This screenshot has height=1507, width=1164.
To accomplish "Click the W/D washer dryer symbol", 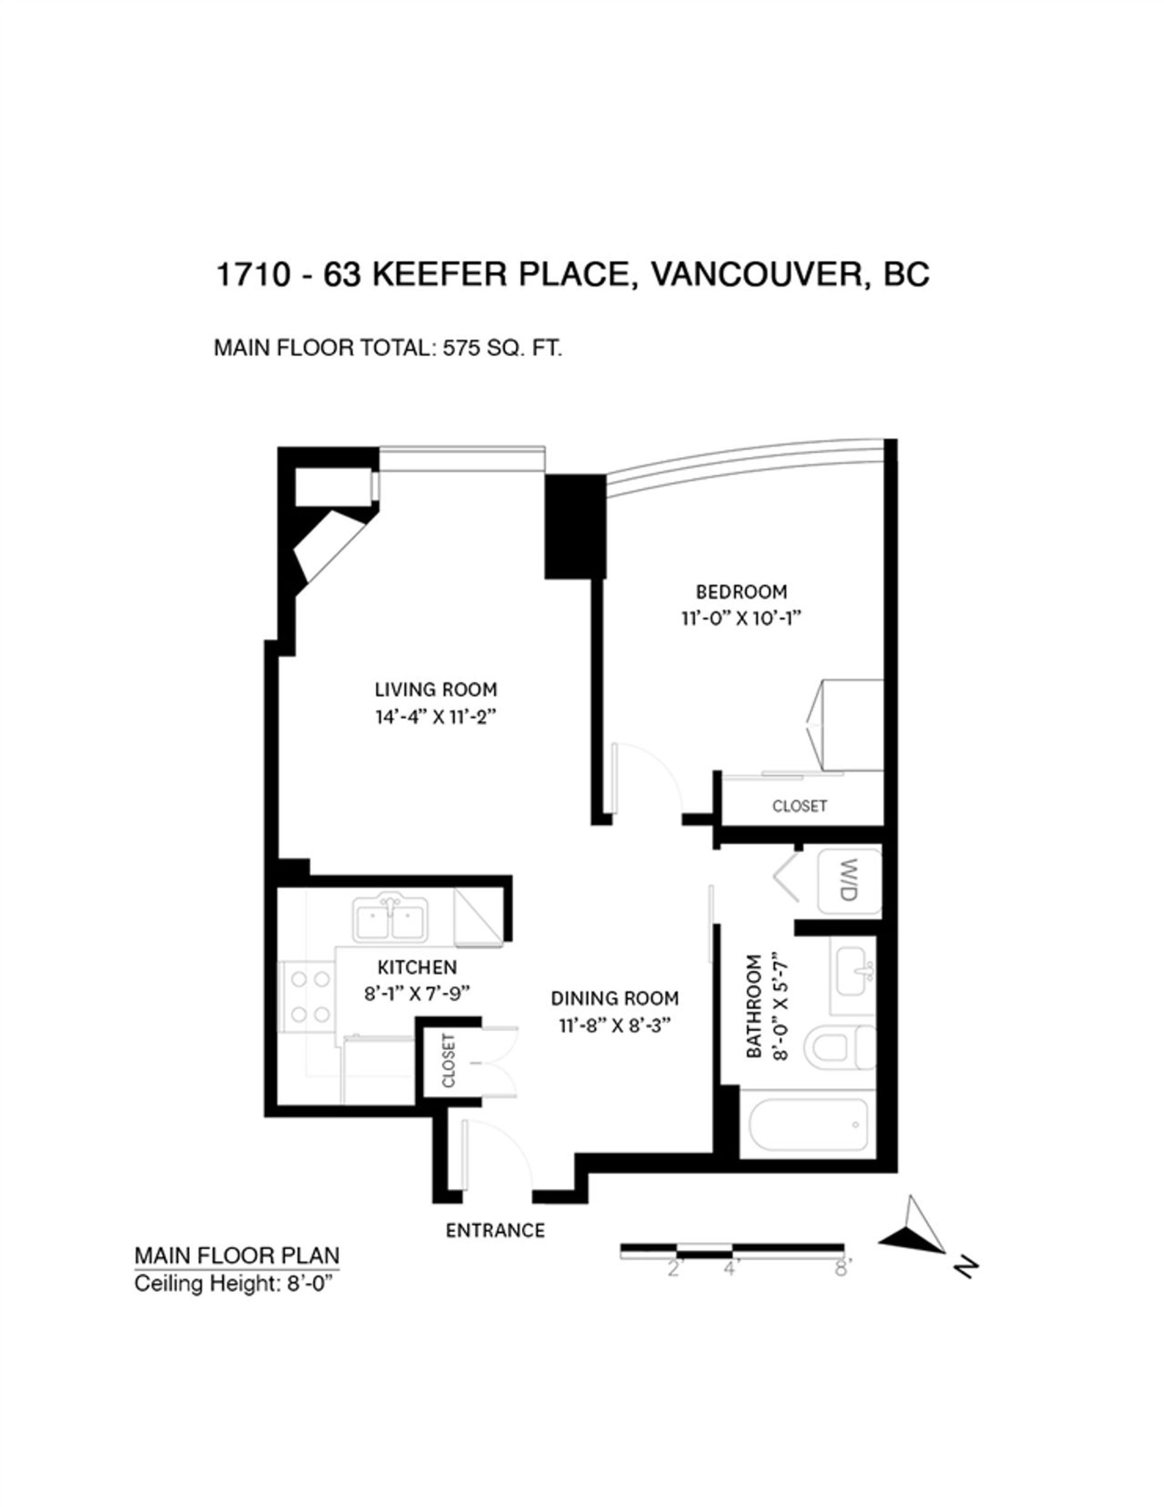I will pyautogui.click(x=849, y=882).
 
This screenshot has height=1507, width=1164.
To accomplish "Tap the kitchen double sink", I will pyautogui.click(x=389, y=919).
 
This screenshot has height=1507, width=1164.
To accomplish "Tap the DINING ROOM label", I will pyautogui.click(x=615, y=999).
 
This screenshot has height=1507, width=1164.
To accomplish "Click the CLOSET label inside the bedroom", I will pyautogui.click(x=800, y=806).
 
